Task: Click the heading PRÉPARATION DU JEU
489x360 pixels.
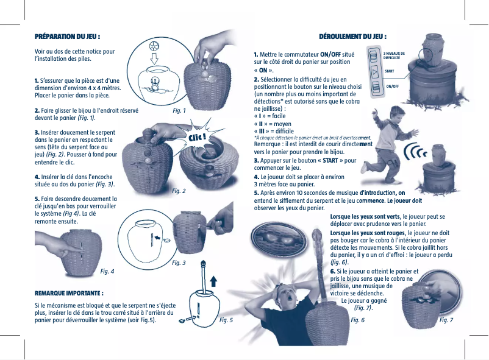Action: coord(68,37)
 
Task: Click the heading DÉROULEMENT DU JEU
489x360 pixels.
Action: coord(354,37)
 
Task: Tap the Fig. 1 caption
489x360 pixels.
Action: coord(179,111)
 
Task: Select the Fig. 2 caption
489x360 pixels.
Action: coord(179,191)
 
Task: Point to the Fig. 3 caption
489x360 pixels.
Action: coord(179,263)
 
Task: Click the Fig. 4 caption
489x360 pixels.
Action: coord(107,270)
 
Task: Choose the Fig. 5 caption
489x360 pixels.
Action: coord(226,320)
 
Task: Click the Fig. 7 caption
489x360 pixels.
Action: coord(446,320)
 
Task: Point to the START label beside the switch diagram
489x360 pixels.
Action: coord(389,71)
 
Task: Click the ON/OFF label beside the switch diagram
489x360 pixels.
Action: coord(393,86)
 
